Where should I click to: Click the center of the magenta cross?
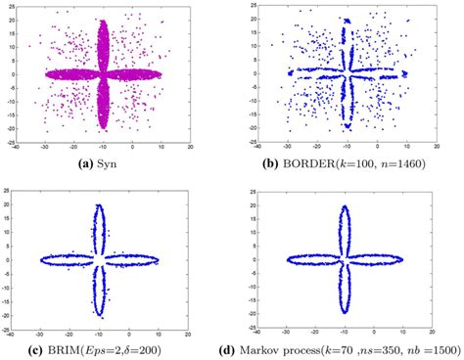(106, 73)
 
